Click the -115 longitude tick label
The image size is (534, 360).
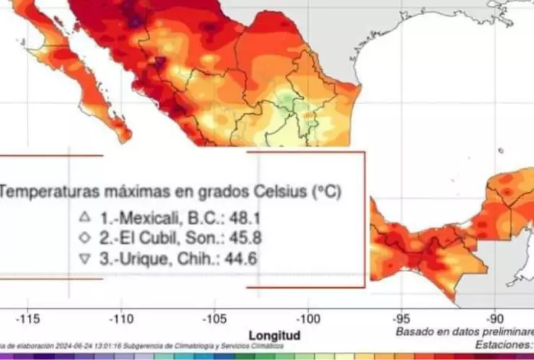[x=29, y=318]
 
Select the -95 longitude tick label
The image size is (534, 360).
[x=402, y=318]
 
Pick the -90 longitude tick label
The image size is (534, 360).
[x=495, y=318]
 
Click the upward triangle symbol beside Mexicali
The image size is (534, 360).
[x=84, y=216]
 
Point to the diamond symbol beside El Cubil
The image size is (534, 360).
[x=84, y=237]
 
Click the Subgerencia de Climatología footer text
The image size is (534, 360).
[x=177, y=346]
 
